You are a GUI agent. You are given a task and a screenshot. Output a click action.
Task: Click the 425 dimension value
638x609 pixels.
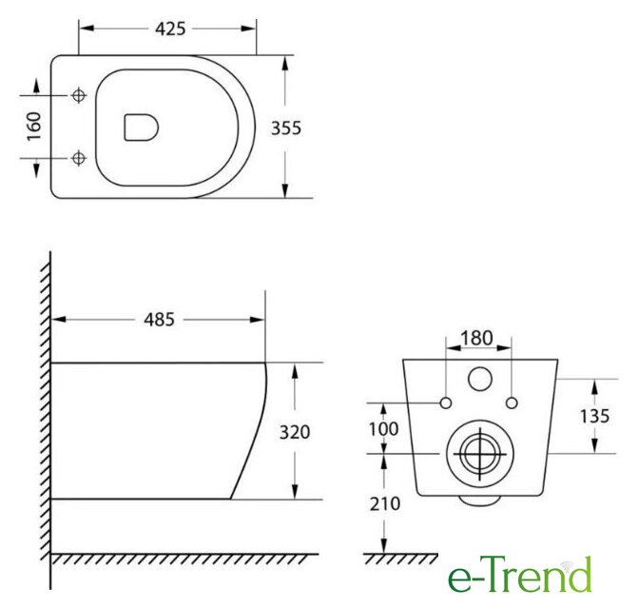coord(170,29)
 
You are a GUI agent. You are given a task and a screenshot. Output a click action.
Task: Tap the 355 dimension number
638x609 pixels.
coord(286,128)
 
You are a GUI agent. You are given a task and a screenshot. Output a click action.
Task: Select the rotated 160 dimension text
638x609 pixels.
coord(34,127)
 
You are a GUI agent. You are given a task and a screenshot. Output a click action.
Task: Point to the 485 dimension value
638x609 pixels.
coord(159,320)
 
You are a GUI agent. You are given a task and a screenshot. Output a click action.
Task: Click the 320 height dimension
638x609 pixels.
coord(295,432)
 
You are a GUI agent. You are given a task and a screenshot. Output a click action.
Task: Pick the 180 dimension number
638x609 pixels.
coord(476,338)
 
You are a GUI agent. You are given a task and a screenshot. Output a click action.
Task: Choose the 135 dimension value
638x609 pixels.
coord(594,416)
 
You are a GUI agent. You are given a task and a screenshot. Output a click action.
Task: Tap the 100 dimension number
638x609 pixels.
coord(383,428)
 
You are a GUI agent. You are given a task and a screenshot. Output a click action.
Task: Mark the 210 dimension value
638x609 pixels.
coord(385,504)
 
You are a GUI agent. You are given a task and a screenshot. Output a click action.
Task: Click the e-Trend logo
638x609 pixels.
coord(519,575)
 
